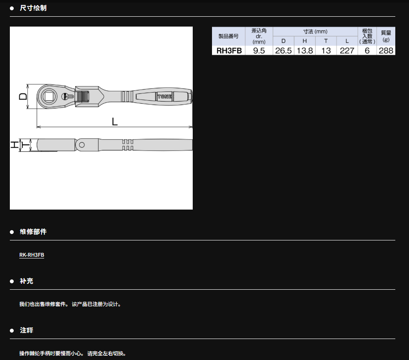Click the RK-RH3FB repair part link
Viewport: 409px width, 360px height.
point(32,255)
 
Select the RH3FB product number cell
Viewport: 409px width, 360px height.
point(229,51)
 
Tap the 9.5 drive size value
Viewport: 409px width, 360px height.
point(259,51)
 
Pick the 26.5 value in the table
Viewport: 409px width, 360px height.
point(283,51)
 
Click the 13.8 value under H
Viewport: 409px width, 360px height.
point(305,51)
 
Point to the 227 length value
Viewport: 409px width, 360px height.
point(347,51)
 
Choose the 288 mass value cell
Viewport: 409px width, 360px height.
point(386,51)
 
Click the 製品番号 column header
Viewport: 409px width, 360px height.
point(229,36)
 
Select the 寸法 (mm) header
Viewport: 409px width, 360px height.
point(315,32)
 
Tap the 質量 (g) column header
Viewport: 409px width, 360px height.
point(386,36)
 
